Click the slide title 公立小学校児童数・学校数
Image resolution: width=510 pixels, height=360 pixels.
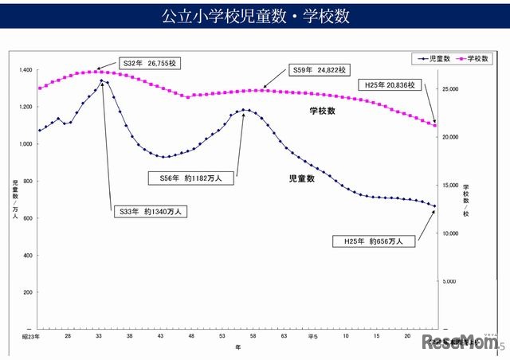point(255,16)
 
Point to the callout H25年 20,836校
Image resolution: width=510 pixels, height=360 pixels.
point(390,84)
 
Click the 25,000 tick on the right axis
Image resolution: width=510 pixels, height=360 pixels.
point(450,89)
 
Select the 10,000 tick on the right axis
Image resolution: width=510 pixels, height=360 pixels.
point(450,233)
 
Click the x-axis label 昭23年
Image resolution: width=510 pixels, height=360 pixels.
point(32,338)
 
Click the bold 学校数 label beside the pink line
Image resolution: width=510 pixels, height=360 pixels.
point(323,112)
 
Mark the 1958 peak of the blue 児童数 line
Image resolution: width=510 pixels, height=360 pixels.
point(102,80)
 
